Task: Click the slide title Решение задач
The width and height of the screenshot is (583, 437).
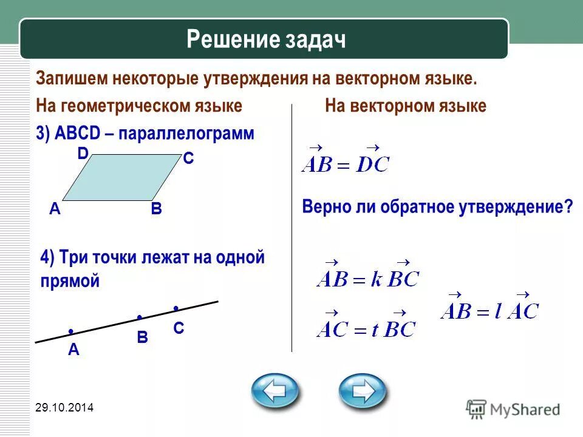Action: tap(266, 39)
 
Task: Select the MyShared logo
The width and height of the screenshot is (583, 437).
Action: tap(513, 409)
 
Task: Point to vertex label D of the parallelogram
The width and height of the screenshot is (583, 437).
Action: tap(82, 154)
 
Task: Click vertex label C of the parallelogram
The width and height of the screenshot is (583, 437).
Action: tap(188, 159)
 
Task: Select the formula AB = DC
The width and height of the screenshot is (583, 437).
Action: tap(345, 160)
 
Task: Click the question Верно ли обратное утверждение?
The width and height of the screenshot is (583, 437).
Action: tap(437, 206)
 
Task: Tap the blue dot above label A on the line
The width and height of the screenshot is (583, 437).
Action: tap(71, 331)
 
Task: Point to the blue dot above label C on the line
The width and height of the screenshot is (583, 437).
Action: tap(175, 308)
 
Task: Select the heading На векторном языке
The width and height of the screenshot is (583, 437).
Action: tap(406, 106)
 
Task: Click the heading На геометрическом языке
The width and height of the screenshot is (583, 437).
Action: tap(139, 106)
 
